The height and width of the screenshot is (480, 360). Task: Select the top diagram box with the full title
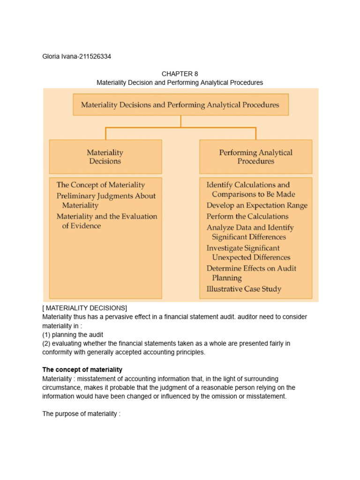(180, 105)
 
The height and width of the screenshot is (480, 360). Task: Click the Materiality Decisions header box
(105, 157)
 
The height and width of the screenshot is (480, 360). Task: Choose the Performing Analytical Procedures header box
(255, 157)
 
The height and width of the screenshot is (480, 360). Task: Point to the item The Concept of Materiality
(100, 185)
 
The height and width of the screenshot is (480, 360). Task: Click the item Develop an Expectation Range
(257, 205)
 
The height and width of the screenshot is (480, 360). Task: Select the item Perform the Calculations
(247, 217)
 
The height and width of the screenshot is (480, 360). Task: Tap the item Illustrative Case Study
(244, 289)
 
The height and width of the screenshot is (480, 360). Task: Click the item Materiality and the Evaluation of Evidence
(106, 221)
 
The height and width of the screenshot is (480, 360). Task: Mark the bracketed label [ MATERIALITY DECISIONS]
(84, 308)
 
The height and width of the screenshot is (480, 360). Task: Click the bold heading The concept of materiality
(82, 370)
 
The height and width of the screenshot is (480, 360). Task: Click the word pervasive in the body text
(113, 317)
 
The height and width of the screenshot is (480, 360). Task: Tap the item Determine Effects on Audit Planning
(251, 273)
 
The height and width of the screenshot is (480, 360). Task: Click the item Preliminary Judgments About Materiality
(106, 201)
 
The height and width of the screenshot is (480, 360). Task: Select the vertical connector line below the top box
(180, 121)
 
